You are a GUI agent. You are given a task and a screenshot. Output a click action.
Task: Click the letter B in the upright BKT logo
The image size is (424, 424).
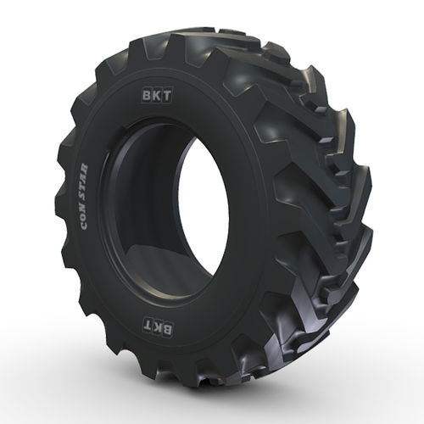pyautogui.click(x=148, y=96)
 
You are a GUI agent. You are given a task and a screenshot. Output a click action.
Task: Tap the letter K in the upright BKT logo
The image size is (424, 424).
pyautogui.click(x=157, y=96)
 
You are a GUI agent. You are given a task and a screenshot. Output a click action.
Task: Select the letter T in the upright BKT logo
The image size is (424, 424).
pyautogui.click(x=167, y=97)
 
